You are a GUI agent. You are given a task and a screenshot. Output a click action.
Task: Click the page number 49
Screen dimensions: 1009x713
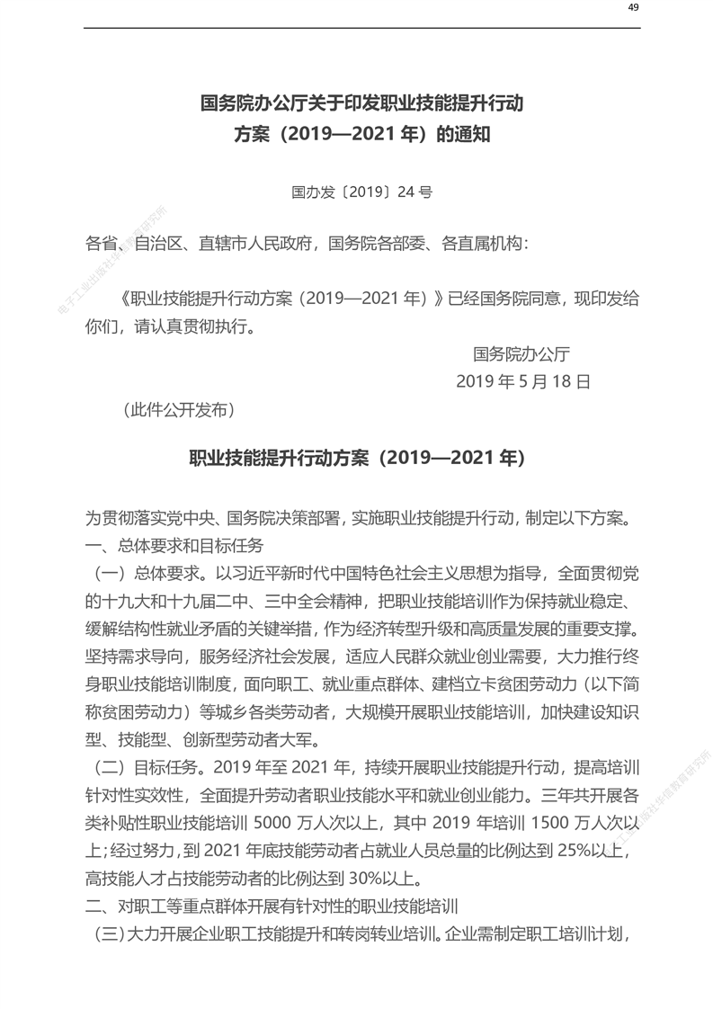click(x=633, y=8)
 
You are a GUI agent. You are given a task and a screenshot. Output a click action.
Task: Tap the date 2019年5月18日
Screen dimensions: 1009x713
click(x=523, y=381)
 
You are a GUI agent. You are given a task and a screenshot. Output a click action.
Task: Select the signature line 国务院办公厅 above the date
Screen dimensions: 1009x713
click(x=521, y=353)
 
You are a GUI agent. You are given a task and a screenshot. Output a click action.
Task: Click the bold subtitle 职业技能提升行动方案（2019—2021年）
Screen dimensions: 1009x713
click(x=356, y=458)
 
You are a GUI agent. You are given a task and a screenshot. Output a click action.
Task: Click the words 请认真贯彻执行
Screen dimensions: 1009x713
click(x=194, y=326)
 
